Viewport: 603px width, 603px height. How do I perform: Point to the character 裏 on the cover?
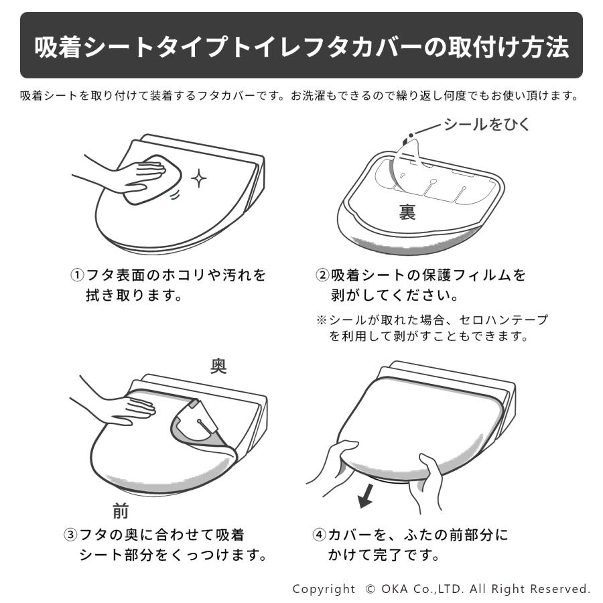pyautogui.click(x=407, y=212)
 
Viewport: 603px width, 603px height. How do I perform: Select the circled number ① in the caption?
pyautogui.click(x=78, y=275)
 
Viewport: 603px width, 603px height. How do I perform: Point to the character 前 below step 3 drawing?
pyautogui.click(x=121, y=512)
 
